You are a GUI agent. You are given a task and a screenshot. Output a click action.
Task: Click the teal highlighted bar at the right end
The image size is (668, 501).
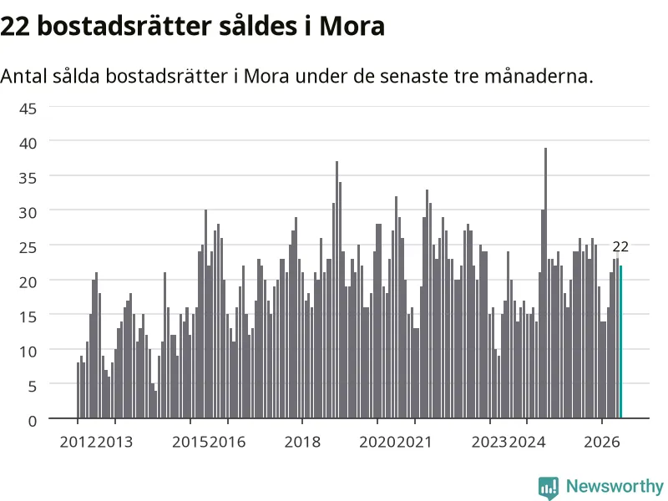[620, 342]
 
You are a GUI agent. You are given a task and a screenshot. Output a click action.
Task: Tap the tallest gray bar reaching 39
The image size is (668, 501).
[546, 283]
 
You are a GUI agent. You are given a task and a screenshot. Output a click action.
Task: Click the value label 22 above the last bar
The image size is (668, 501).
[620, 246]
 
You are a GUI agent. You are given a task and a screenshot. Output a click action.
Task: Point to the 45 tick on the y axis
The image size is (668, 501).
[28, 109]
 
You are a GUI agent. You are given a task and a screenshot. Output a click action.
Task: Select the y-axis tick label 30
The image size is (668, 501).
[28, 213]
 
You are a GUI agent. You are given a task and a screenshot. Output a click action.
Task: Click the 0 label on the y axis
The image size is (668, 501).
[33, 421]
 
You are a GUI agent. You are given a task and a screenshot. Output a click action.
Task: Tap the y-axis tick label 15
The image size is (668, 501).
[28, 317]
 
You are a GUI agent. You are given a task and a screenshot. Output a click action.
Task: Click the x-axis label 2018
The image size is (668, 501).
[302, 442]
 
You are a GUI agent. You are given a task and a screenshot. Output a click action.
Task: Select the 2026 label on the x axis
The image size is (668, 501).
[602, 442]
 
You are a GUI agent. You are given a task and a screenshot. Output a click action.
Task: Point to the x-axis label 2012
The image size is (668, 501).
[78, 442]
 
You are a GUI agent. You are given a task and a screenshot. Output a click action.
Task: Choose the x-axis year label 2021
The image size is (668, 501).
[414, 442]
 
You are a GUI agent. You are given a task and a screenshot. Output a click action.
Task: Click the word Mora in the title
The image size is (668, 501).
[352, 26]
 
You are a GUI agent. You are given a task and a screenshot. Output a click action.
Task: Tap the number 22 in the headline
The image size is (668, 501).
[15, 26]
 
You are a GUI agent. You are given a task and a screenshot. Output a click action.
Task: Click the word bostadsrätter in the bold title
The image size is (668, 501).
[124, 26]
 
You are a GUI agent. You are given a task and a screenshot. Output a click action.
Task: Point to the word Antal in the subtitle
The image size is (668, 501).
[23, 76]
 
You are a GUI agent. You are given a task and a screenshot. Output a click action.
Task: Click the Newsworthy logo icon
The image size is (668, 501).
[549, 488]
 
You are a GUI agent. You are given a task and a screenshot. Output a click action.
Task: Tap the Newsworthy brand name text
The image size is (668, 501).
[615, 486]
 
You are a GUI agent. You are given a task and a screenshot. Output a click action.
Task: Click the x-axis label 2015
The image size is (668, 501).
[190, 442]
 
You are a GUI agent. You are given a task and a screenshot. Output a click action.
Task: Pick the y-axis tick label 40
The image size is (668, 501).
[28, 143]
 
